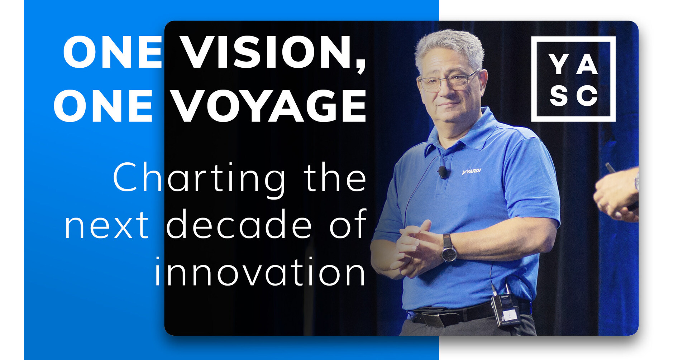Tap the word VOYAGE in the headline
point(268,106)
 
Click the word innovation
point(260,272)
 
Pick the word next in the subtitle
point(106,225)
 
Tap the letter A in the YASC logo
point(587,64)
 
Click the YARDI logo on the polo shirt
point(472,172)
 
